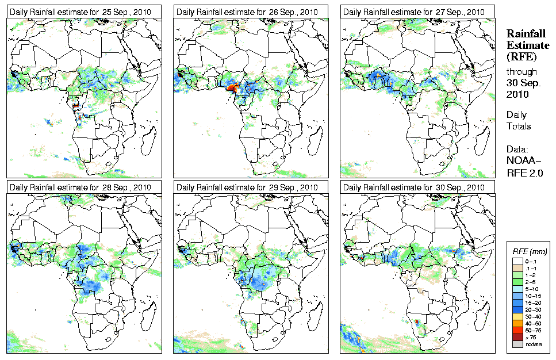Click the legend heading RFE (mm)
coord(530,251)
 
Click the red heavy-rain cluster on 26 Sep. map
coord(232,87)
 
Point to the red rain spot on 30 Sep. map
coord(416,322)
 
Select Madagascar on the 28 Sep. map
coord(148,313)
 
